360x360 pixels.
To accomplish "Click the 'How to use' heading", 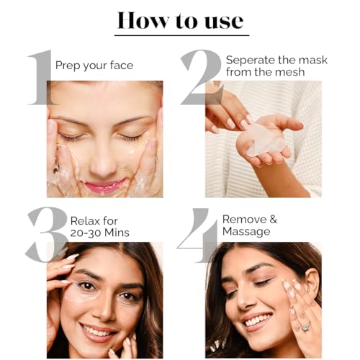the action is click(x=181, y=21).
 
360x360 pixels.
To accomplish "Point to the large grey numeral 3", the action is click(x=46, y=235).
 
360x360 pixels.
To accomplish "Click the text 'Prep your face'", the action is click(x=94, y=66).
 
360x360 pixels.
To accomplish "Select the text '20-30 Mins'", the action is click(x=100, y=233).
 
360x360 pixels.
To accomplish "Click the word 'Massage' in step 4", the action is click(x=246, y=232).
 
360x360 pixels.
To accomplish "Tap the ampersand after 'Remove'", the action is click(x=273, y=220).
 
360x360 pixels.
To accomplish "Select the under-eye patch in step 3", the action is click(x=81, y=292).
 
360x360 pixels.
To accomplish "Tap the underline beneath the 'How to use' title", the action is click(x=181, y=35).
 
